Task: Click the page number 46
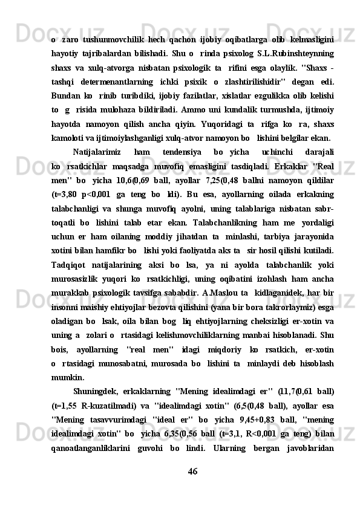tap(192, 487)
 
